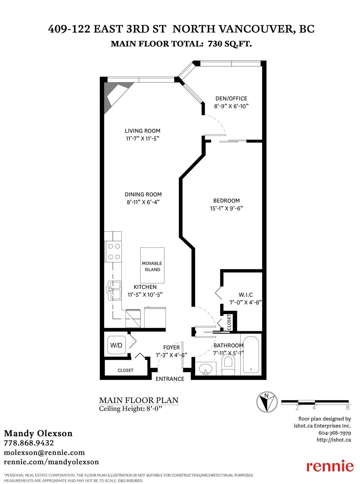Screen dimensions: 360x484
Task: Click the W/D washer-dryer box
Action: point(116,345)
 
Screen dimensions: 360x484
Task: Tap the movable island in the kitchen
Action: point(152,265)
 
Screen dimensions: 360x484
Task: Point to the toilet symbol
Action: point(228,365)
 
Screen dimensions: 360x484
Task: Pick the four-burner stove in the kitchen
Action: point(113,252)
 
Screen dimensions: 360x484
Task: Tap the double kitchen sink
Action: point(114,290)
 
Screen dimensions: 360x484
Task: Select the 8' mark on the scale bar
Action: point(348,407)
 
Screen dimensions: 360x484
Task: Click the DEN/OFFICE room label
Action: point(231,98)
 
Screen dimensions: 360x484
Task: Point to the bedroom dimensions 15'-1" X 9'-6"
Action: point(226,208)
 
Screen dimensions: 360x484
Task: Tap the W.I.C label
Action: point(246,295)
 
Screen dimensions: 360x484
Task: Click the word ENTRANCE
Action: point(170,379)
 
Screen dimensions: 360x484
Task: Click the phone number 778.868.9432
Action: point(29,443)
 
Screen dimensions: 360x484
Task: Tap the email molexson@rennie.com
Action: point(44,452)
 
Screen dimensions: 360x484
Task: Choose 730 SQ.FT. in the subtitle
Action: point(230,44)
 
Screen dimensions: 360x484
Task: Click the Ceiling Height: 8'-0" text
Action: point(131,409)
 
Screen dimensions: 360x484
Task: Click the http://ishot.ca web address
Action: point(334,440)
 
